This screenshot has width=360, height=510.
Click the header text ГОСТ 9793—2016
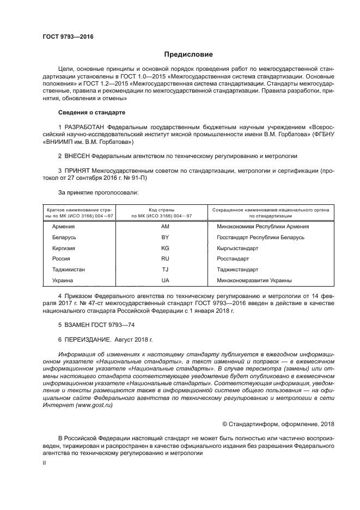68,37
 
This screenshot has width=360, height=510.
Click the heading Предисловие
188,54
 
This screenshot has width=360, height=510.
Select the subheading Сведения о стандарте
91,112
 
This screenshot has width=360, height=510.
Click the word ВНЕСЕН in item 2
80,155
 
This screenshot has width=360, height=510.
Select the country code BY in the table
166,237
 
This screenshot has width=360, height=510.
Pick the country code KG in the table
166,248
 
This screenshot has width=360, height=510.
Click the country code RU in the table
166,259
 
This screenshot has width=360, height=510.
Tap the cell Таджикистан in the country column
69,270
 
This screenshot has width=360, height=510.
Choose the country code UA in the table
166,281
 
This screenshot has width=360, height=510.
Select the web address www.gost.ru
87,405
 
